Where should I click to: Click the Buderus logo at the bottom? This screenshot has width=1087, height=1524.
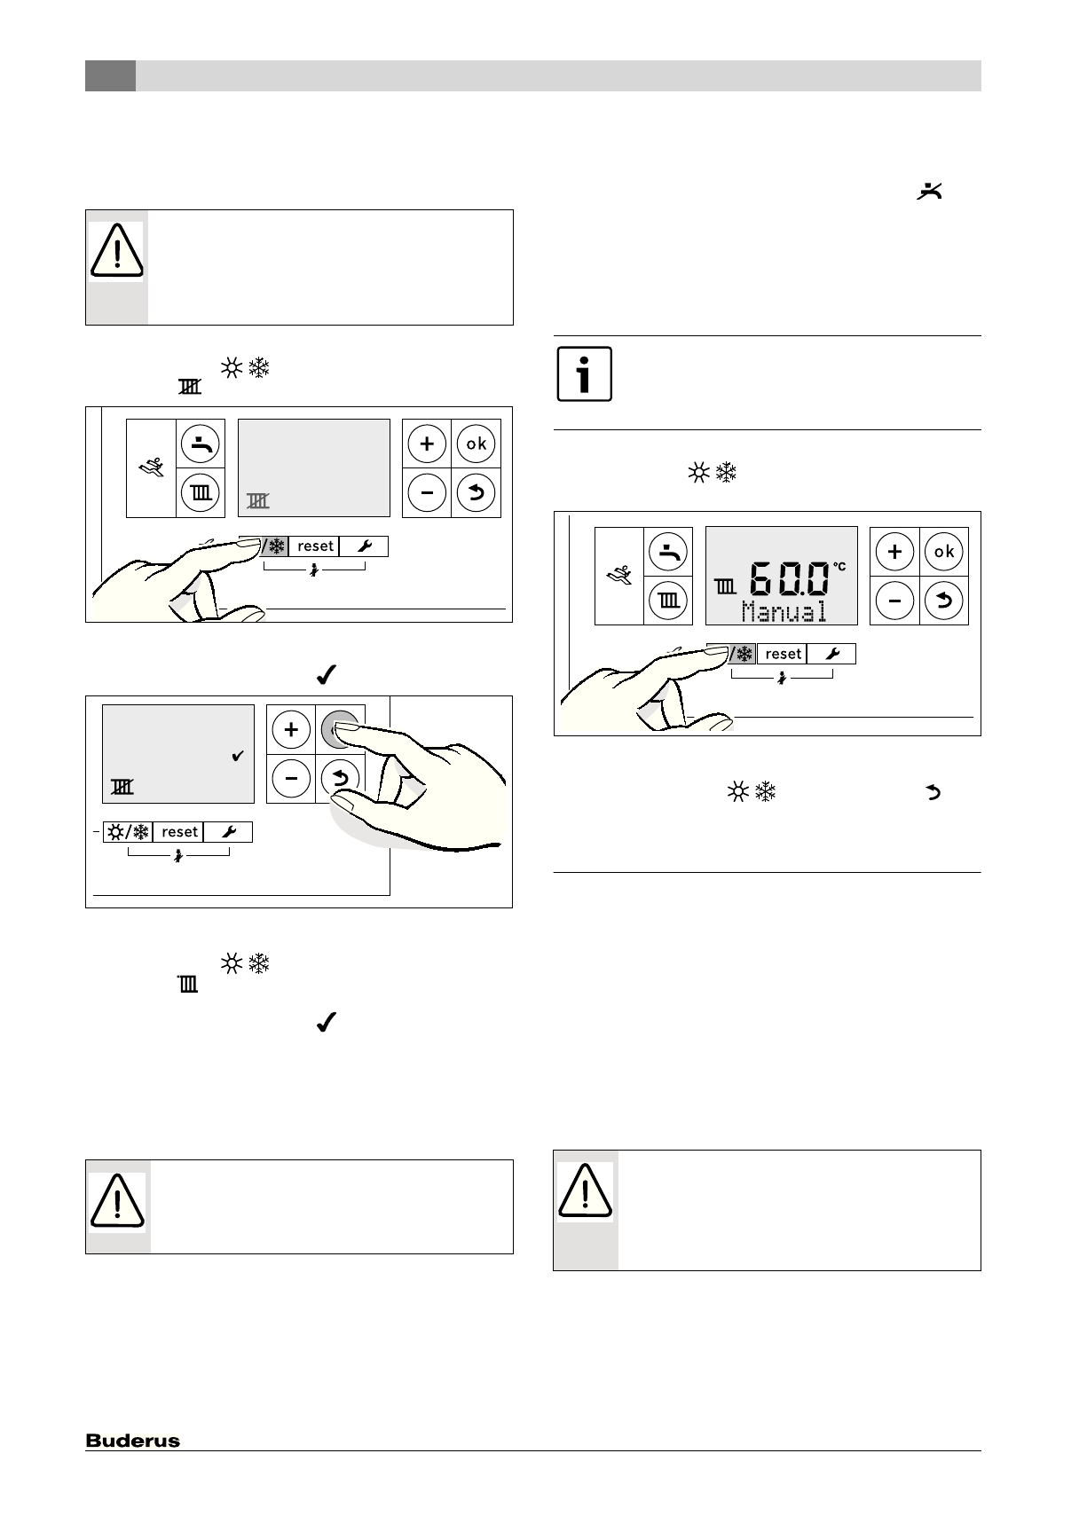pyautogui.click(x=132, y=1441)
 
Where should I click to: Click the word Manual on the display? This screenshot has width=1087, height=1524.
pyautogui.click(x=784, y=611)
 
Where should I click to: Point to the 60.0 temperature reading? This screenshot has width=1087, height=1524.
pyautogui.click(x=789, y=580)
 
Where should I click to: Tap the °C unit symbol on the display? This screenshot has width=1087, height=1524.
pyautogui.click(x=839, y=566)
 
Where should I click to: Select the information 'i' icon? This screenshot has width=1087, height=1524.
pyautogui.click(x=584, y=373)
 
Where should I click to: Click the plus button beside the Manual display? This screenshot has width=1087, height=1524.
pyautogui.click(x=894, y=552)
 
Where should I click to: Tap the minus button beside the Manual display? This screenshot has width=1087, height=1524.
pyautogui.click(x=894, y=601)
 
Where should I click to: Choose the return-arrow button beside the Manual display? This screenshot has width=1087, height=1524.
pyautogui.click(x=943, y=601)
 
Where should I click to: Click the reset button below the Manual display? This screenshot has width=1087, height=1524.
pyautogui.click(x=783, y=654)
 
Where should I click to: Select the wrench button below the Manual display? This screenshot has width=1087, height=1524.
pyautogui.click(x=831, y=654)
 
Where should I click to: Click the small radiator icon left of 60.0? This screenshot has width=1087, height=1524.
pyautogui.click(x=725, y=586)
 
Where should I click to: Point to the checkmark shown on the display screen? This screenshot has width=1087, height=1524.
pyautogui.click(x=237, y=757)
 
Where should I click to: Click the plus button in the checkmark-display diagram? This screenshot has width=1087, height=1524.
pyautogui.click(x=291, y=730)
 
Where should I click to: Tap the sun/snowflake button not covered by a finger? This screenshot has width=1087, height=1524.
pyautogui.click(x=128, y=832)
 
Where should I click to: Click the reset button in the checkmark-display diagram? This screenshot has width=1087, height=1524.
pyautogui.click(x=179, y=832)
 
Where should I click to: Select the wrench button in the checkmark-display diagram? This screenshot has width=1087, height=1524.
pyautogui.click(x=228, y=832)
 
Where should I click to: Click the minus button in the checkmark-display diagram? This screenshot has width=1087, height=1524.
pyautogui.click(x=291, y=779)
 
